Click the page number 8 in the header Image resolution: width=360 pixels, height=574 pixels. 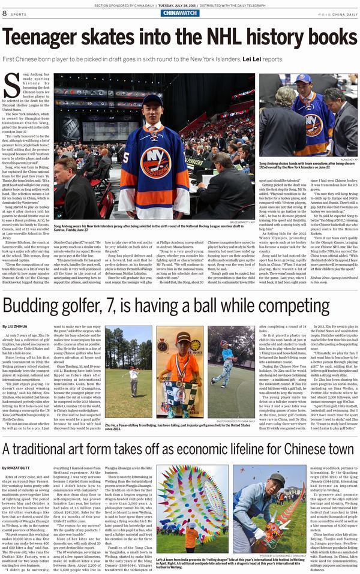[x=5, y=13]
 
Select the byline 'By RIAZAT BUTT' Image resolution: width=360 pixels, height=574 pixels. [x=19, y=467]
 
